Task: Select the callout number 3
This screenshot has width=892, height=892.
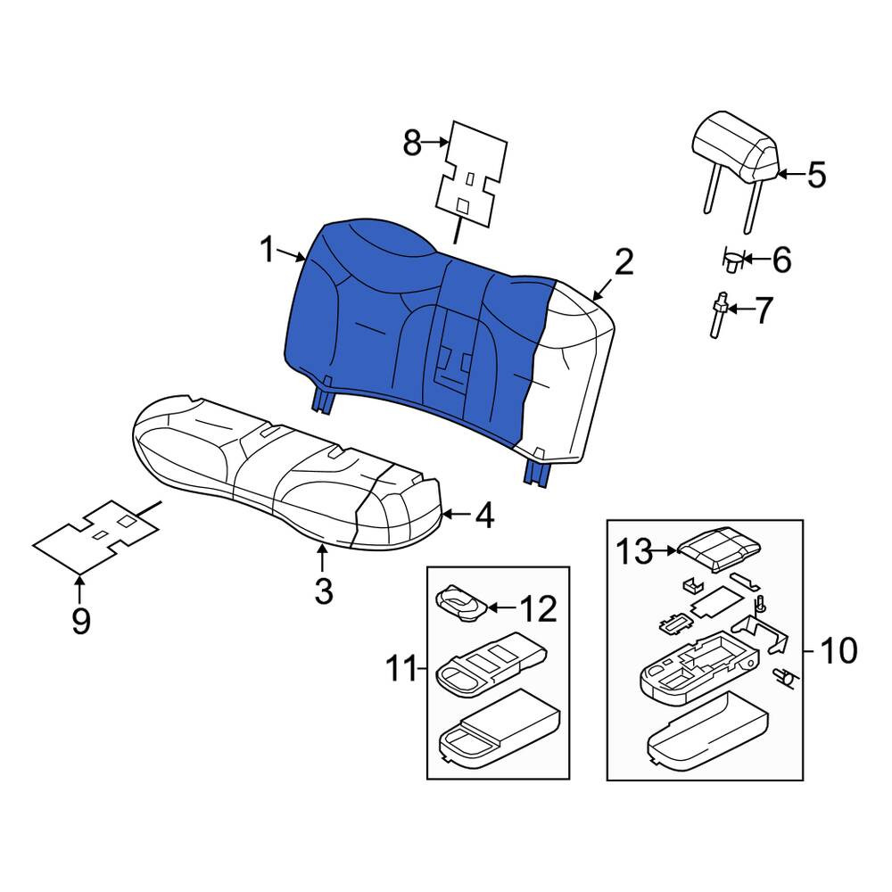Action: [x=323, y=590]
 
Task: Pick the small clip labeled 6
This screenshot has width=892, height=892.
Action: [x=731, y=260]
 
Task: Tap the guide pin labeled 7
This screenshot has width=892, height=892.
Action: [x=718, y=317]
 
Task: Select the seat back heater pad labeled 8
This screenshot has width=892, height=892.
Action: [x=471, y=169]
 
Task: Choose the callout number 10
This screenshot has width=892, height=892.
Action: [x=838, y=651]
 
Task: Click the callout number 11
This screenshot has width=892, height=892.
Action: [x=401, y=667]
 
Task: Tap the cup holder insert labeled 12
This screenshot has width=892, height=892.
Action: [x=461, y=603]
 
